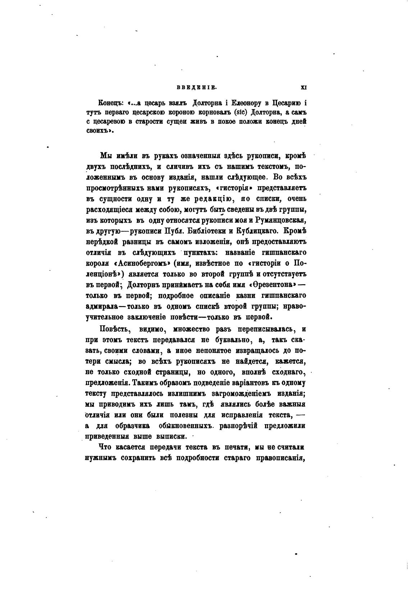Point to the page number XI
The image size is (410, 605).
303,87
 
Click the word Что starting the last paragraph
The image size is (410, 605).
106,447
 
